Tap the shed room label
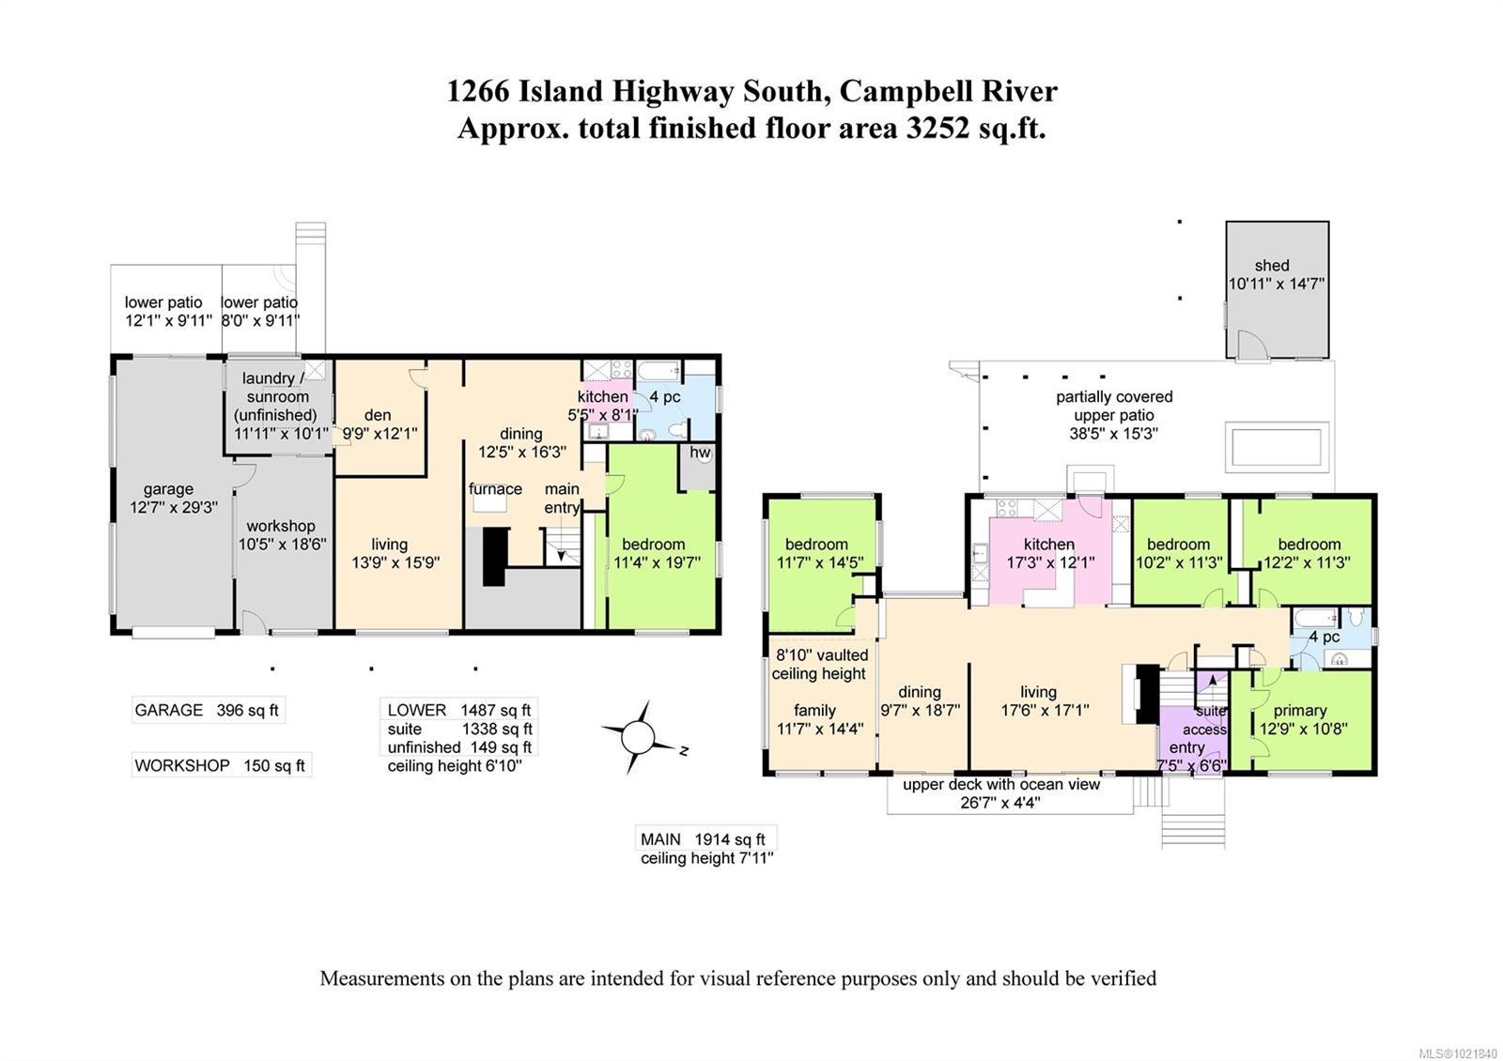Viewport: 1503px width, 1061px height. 1272,266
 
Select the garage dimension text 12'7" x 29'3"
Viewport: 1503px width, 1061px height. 174,508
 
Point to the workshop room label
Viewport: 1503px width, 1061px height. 281,526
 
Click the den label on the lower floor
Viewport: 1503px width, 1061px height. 378,415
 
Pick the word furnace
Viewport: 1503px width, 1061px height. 495,489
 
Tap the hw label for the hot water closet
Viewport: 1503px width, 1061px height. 700,452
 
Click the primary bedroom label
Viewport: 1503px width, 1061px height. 1300,710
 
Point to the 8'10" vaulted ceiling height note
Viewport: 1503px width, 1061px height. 821,664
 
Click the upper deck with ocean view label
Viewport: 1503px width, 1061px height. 1001,784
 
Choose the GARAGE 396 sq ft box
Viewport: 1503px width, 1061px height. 208,710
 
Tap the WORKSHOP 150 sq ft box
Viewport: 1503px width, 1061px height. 221,765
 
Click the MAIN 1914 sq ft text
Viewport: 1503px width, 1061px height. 703,839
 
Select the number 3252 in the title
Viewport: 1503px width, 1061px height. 937,128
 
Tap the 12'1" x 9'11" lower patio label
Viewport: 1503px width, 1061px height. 168,311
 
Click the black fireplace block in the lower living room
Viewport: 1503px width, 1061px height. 494,557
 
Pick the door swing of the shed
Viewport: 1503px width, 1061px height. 1253,344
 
